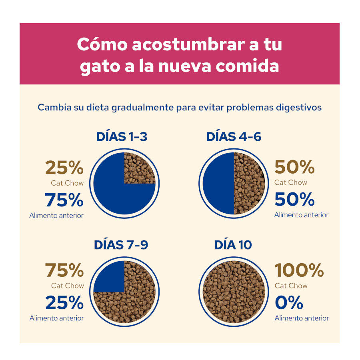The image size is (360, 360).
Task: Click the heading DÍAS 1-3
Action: pos(122,137)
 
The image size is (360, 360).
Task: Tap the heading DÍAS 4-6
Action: pos(234,137)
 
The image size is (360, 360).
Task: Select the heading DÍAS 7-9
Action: pos(121,245)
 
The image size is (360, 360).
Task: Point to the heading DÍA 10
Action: pos(233,245)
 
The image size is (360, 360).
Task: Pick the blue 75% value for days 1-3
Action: pos(64,200)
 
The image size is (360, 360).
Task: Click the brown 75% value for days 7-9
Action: pos(64,270)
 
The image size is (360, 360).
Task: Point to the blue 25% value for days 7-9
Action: pos(64,303)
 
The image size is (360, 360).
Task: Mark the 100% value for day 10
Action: pos(299,270)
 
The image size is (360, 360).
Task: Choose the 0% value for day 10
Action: pos(289,303)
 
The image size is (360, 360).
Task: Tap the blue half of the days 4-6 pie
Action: pos(218,184)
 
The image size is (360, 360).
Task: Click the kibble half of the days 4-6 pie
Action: pos(249,184)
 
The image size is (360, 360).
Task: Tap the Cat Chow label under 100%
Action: pos(291,286)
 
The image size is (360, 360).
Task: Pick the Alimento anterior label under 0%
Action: pos(302,318)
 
